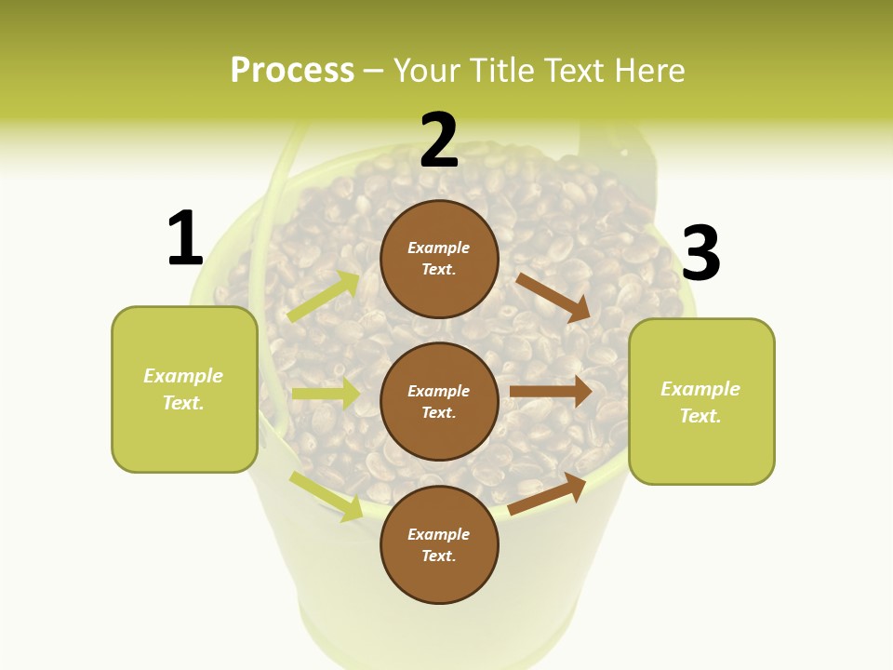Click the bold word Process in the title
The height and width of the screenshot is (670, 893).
(x=292, y=70)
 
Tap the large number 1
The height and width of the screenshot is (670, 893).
(x=185, y=238)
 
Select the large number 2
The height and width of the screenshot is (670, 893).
(x=439, y=141)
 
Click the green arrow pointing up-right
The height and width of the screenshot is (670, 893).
(x=324, y=297)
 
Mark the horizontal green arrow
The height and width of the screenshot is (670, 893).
(x=325, y=394)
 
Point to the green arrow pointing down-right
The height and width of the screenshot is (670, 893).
(x=326, y=496)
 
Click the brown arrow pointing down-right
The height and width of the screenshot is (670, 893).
(x=553, y=297)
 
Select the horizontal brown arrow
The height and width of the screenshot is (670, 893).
(x=551, y=392)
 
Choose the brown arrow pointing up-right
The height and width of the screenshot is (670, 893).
(x=547, y=494)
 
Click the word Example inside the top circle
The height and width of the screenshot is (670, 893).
(x=439, y=248)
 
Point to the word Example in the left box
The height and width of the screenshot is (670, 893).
(x=183, y=376)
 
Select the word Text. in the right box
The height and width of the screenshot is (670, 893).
(x=700, y=416)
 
